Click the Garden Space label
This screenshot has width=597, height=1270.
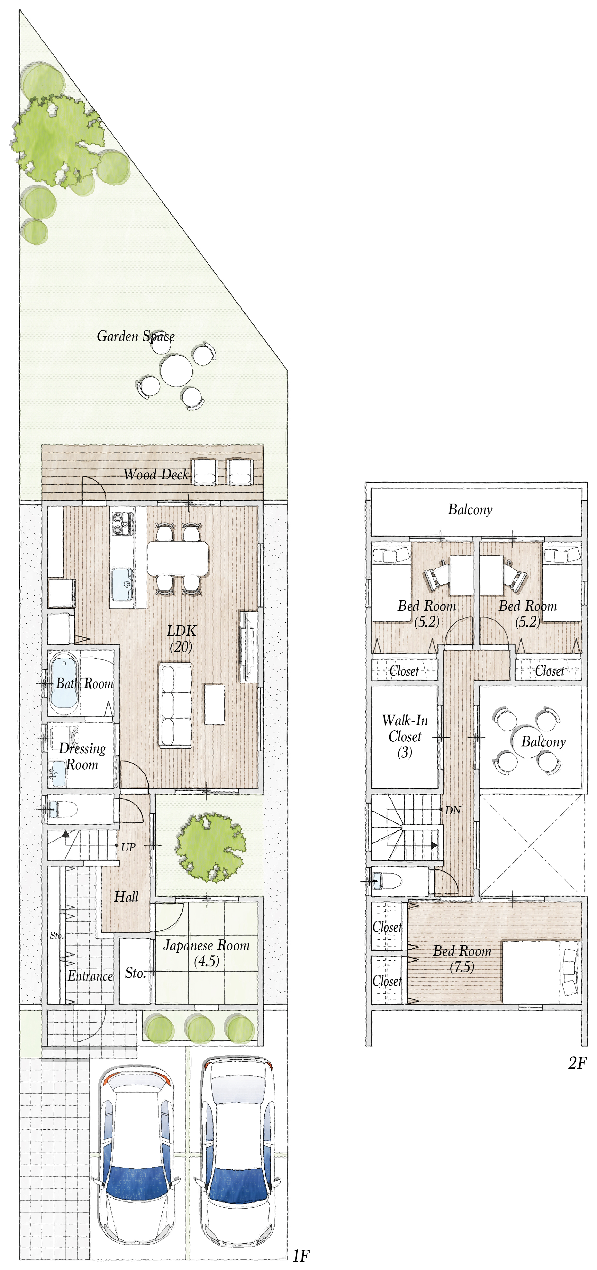[x=136, y=336]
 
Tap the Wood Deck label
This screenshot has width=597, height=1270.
[x=156, y=474]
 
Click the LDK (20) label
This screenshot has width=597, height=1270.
[x=181, y=638]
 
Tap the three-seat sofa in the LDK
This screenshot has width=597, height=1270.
[x=175, y=705]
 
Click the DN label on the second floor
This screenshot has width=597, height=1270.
[x=453, y=810]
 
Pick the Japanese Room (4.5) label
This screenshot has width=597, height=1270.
[x=206, y=953]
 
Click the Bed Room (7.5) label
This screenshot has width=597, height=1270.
[x=462, y=958]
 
